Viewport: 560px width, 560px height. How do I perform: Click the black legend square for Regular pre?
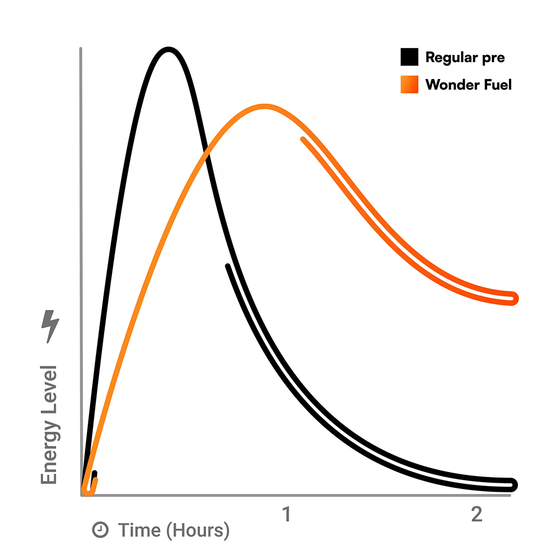click(x=409, y=57)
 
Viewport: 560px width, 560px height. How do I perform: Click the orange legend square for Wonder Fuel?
click(x=409, y=85)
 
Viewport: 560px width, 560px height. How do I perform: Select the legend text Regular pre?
click(x=465, y=57)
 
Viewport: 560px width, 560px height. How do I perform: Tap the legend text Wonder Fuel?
click(x=469, y=85)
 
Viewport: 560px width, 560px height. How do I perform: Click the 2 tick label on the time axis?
click(x=476, y=514)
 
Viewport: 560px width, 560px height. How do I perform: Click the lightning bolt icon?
click(x=50, y=326)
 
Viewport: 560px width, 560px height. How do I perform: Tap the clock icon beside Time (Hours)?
click(x=100, y=530)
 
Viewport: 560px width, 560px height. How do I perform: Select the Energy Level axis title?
click(x=49, y=424)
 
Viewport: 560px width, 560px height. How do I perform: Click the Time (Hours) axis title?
click(x=174, y=530)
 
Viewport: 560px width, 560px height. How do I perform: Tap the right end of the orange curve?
click(x=514, y=298)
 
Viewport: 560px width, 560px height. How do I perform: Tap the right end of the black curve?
click(x=514, y=485)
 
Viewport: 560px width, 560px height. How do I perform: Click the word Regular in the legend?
click(x=451, y=57)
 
